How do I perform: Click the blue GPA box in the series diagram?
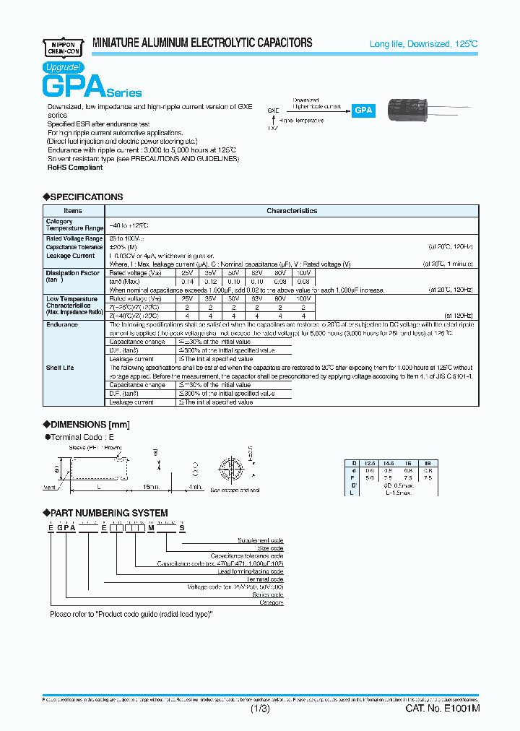pyautogui.click(x=363, y=111)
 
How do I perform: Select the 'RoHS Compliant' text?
pyautogui.click(x=75, y=168)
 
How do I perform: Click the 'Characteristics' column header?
pyautogui.click(x=292, y=211)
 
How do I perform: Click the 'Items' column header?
pyautogui.click(x=73, y=211)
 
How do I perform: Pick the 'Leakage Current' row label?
pyautogui.click(x=70, y=256)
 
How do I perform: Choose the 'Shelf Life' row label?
pyautogui.click(x=60, y=368)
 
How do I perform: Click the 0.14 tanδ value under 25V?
pyautogui.click(x=186, y=281)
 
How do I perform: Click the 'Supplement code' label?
pyautogui.click(x=261, y=540)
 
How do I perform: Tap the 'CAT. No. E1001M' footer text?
pyautogui.click(x=442, y=709)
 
